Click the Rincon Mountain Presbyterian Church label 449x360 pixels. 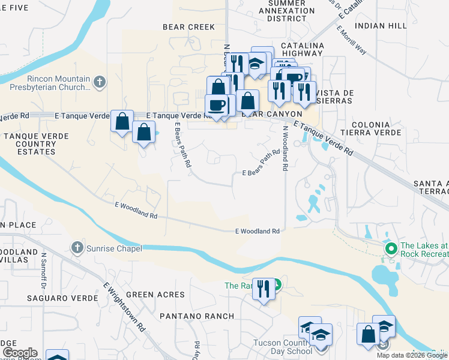click(49, 83)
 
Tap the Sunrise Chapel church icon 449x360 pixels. click(76, 247)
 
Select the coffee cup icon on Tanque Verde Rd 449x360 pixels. click(217, 105)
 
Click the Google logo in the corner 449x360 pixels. click(20, 353)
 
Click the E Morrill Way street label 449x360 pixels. click(352, 40)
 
